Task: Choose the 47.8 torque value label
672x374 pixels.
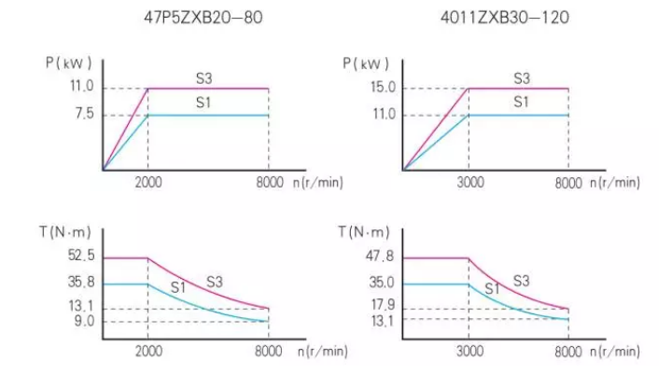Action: pyautogui.click(x=381, y=257)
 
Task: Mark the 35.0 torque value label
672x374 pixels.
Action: pyautogui.click(x=381, y=284)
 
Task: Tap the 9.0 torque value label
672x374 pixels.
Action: pyautogui.click(x=82, y=322)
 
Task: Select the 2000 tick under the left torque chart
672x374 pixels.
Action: pyautogui.click(x=148, y=352)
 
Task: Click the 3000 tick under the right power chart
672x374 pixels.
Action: pyautogui.click(x=469, y=183)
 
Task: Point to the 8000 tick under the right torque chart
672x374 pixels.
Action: pyautogui.click(x=567, y=352)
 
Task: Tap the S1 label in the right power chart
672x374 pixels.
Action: pyautogui.click(x=521, y=101)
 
